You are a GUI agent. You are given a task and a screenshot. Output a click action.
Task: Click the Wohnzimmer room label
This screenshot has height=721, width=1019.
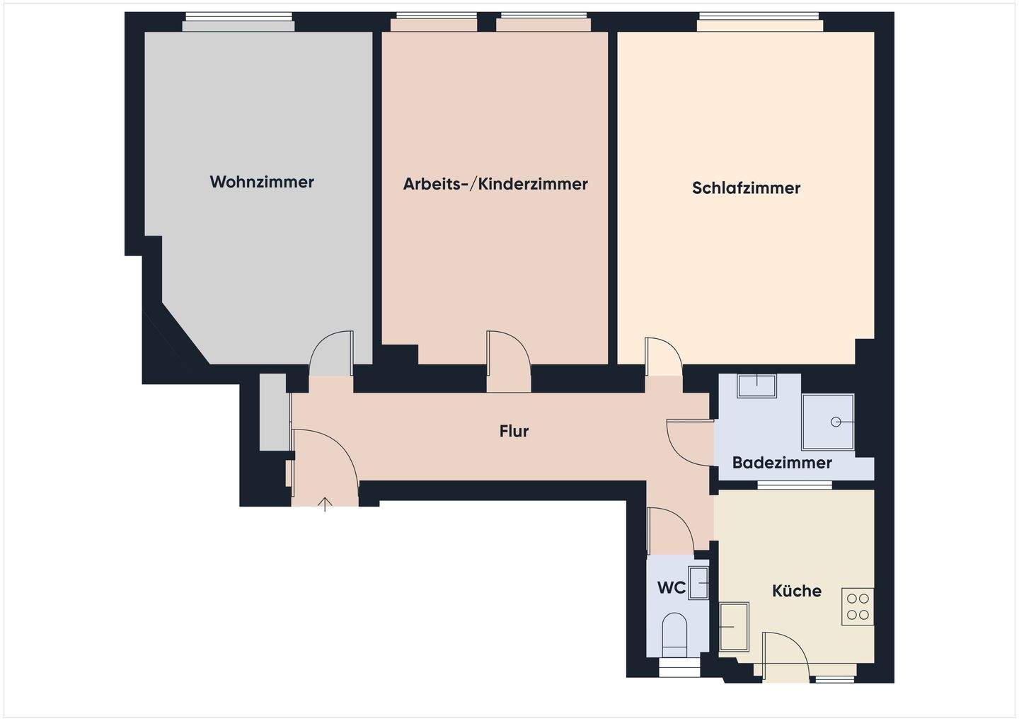tap(262, 182)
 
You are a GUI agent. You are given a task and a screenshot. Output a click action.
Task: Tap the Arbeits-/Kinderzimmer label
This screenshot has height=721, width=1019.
tap(495, 184)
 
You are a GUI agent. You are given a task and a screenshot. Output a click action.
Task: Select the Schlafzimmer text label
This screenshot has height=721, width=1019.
tap(746, 188)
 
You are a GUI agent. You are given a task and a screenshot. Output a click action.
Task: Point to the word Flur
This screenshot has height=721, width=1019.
tap(514, 431)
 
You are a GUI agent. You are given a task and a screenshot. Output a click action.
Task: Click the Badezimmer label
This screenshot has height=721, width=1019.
tap(782, 463)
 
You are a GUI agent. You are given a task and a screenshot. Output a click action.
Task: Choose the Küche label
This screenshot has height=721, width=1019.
tap(797, 591)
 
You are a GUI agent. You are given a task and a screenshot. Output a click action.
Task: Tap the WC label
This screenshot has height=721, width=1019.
tap(671, 588)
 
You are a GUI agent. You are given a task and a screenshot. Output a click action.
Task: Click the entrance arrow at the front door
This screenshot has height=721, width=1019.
tap(325, 504)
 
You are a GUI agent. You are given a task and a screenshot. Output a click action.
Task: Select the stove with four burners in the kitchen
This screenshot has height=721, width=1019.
tap(858, 606)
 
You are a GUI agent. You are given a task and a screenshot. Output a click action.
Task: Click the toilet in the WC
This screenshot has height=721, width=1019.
tap(677, 632)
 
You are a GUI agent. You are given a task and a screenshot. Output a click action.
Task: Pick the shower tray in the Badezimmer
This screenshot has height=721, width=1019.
tap(828, 422)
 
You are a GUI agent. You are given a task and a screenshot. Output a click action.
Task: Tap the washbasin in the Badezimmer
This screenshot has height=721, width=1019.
tap(756, 386)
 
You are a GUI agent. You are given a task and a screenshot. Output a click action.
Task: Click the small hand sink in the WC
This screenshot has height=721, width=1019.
tap(699, 582)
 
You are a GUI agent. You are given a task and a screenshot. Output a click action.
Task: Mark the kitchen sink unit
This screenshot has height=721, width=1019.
tap(735, 627)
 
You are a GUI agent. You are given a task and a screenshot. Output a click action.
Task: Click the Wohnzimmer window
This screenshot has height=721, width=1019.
tap(238, 23)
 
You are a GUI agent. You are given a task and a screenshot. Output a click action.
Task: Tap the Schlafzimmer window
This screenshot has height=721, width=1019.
tap(759, 23)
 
